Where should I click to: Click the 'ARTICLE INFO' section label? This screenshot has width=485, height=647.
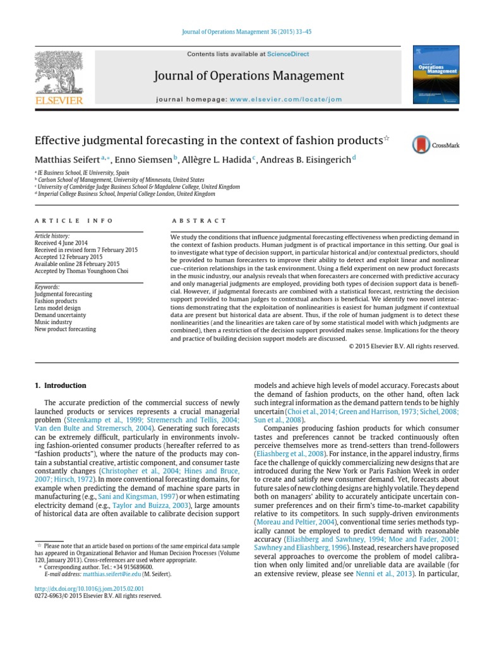point(74,221)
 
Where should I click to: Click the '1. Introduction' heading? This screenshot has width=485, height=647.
point(61,385)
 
